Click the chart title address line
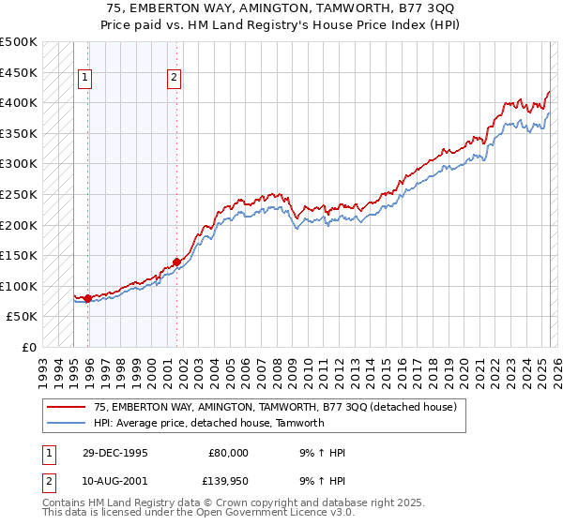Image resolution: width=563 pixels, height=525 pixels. tap(281, 8)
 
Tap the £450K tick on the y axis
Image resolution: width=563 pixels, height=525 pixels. tap(19, 72)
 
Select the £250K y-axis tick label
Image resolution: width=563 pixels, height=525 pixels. tap(19, 194)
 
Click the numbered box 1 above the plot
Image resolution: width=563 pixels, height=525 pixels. tap(85, 79)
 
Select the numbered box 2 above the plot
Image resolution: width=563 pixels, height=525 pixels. tap(175, 79)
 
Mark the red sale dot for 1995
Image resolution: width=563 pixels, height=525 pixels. tap(87, 299)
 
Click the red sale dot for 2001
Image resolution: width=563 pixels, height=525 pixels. tap(176, 262)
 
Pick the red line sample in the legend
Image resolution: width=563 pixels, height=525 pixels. tap(66, 407)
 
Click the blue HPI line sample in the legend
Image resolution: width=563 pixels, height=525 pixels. tap(66, 423)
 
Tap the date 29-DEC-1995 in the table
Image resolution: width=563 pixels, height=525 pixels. tap(114, 453)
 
